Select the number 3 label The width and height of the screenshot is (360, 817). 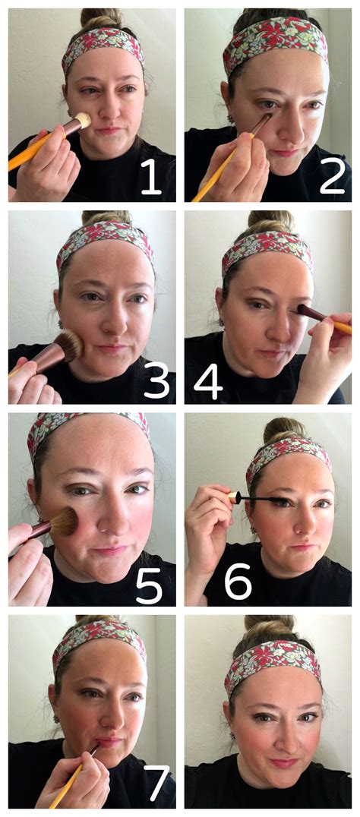click(x=155, y=383)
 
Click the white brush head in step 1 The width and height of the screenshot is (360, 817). click(x=83, y=120)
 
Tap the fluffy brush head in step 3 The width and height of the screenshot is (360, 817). click(x=69, y=345)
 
